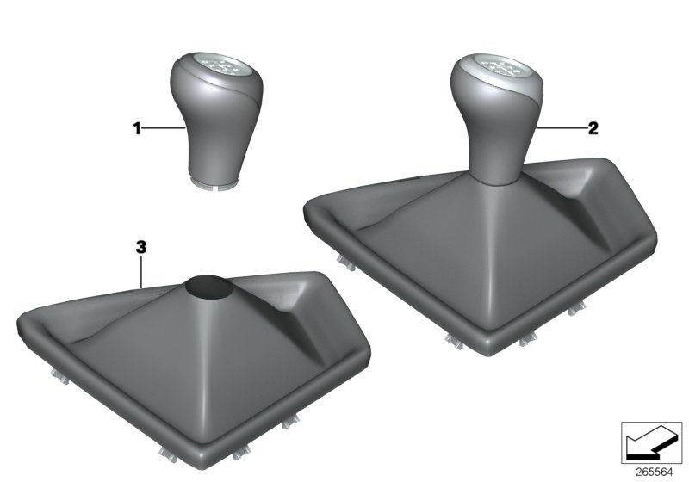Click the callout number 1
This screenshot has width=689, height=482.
(135, 128)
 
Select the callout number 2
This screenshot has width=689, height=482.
(592, 128)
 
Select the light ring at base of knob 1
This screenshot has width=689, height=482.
(212, 182)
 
